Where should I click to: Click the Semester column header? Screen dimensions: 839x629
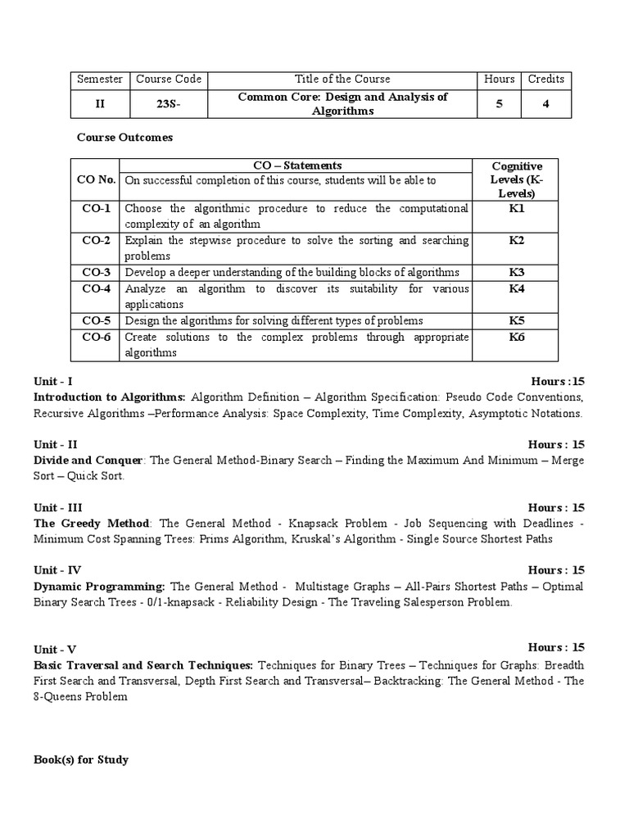[99, 79]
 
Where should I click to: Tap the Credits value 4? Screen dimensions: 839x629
[545, 104]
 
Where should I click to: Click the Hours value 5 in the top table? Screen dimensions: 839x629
[499, 104]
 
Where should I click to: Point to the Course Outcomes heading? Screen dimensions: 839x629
[124, 138]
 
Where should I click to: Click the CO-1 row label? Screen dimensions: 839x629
[96, 209]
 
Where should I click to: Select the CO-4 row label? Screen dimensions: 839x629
[96, 288]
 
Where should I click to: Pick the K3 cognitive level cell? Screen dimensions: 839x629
[516, 272]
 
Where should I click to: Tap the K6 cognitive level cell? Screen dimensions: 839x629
[516, 337]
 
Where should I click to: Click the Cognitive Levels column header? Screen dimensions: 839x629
[516, 179]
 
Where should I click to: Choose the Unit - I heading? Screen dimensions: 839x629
[53, 382]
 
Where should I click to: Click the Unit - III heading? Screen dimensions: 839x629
[57, 508]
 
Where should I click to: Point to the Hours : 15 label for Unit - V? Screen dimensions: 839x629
[556, 647]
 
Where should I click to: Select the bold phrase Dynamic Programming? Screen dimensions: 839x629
[99, 587]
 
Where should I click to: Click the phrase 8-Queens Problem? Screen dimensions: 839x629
[81, 696]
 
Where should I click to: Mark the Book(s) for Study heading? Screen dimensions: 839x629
[81, 760]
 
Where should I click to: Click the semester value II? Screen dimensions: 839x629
[99, 104]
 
